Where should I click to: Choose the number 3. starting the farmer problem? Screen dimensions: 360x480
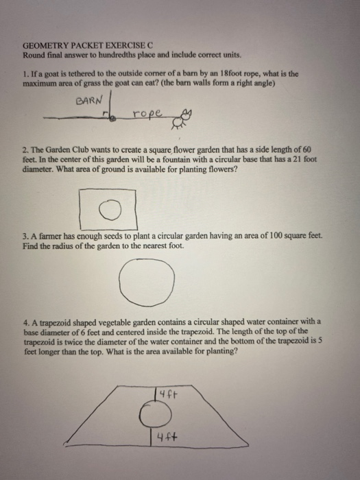tap(25, 235)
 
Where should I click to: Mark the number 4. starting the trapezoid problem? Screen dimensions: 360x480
tap(25, 321)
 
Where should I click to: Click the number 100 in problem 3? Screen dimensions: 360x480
tap(276, 235)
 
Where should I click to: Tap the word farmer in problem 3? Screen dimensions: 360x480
tap(47, 235)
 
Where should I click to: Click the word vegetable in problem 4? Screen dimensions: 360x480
tap(108, 321)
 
